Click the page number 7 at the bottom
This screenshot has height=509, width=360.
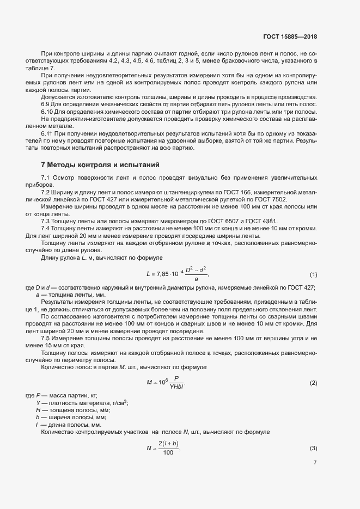click(315, 463)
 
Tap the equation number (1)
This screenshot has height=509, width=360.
click(313, 273)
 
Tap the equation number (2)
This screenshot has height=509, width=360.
click(313, 383)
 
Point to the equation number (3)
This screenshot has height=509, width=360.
click(313, 448)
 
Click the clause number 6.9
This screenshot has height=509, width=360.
click(46, 104)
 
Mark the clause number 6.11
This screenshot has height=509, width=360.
click(48, 132)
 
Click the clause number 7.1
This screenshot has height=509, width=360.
click(46, 178)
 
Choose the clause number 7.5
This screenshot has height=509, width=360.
click(46, 338)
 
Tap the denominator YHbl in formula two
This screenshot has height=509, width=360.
click(176, 387)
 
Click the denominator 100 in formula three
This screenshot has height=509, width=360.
click(168, 452)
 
